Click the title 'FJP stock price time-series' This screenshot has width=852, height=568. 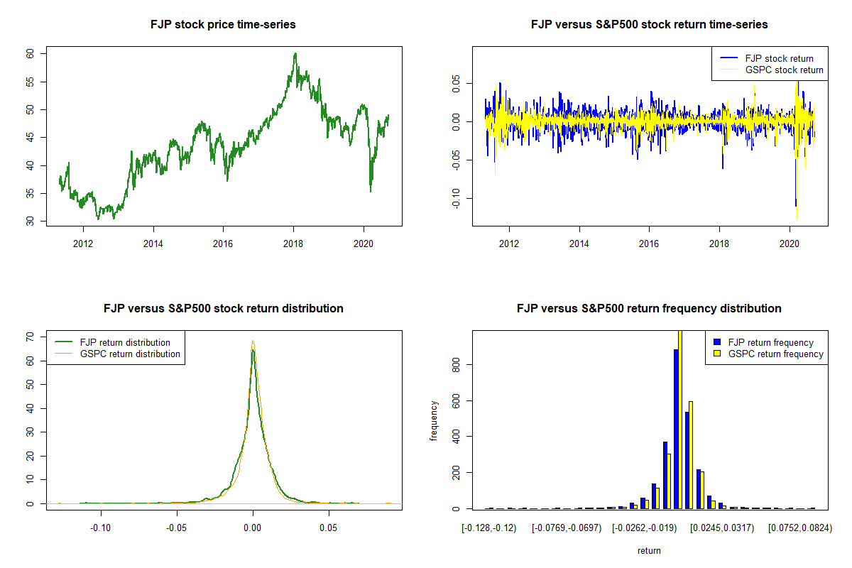tap(223, 25)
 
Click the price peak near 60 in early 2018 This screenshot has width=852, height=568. tap(295, 54)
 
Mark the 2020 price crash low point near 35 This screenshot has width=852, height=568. tap(370, 190)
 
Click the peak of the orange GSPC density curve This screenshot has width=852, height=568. tap(253, 342)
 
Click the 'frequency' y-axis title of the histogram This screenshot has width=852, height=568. tap(434, 420)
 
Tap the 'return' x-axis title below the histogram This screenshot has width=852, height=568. tap(649, 550)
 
